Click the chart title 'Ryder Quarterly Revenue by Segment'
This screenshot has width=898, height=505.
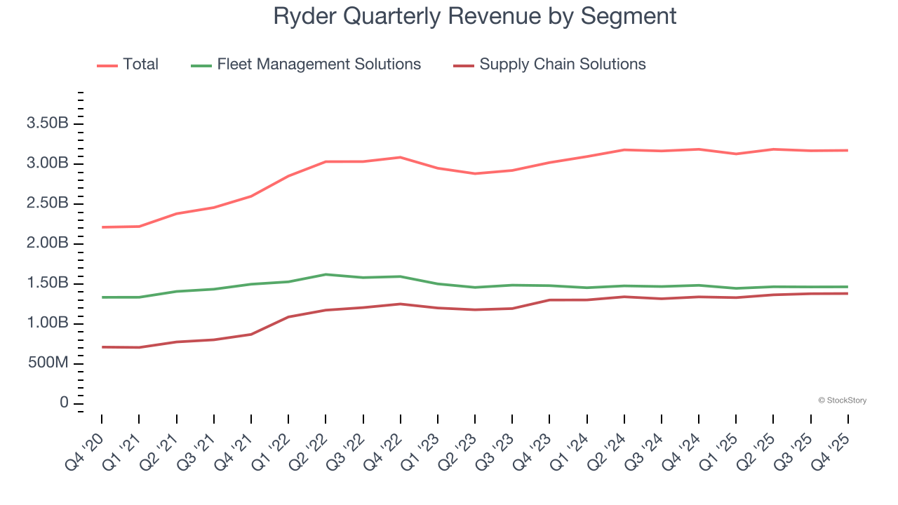pos(475,15)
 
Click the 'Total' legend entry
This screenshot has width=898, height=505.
pos(140,65)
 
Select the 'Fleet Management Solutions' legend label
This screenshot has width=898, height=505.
pos(319,65)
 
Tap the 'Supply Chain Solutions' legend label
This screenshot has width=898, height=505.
pos(562,65)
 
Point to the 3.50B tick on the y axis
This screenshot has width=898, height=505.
pos(47,124)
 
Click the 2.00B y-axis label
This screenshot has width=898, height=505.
pos(47,243)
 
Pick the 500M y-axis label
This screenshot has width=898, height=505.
pos(47,363)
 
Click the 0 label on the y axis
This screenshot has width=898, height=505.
pos(64,403)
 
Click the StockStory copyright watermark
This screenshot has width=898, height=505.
pos(842,400)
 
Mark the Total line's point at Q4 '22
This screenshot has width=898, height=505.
pos(400,157)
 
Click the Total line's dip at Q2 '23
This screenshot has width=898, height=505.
pos(475,173)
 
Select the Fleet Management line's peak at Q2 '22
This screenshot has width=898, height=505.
pos(326,274)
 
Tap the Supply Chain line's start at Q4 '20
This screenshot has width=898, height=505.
pos(102,347)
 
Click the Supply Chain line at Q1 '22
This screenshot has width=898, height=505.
pos(288,317)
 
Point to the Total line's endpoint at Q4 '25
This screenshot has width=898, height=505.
pos(847,150)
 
